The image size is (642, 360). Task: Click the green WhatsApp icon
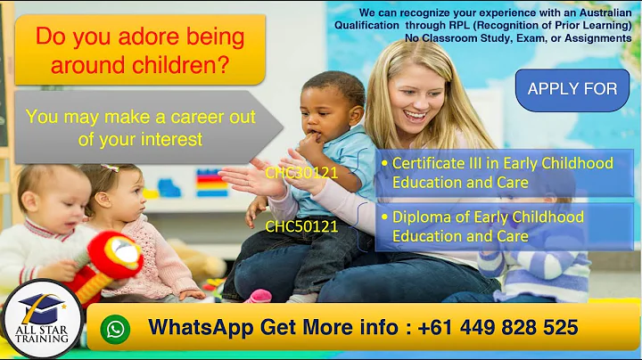pos(115,329)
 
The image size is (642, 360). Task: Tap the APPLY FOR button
pos(572,89)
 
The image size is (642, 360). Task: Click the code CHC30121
pos(301,173)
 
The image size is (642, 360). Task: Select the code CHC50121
pos(301,226)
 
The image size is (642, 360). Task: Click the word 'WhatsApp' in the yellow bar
pos(201,328)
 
